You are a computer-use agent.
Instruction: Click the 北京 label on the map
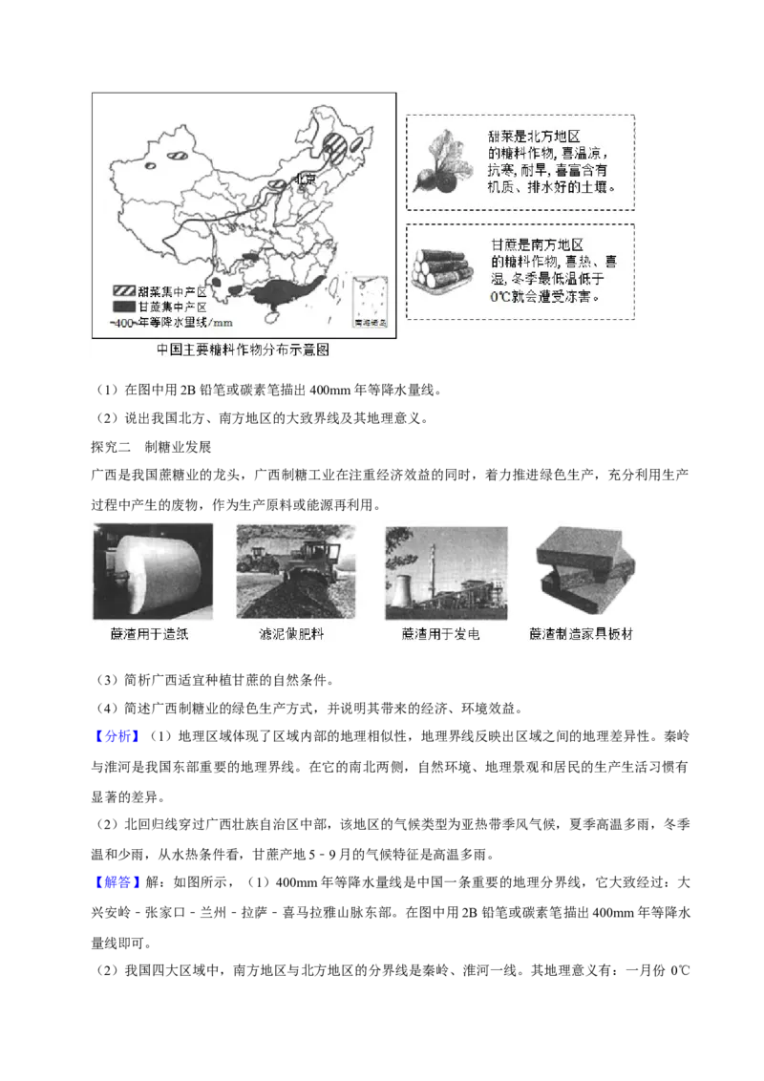click(x=303, y=179)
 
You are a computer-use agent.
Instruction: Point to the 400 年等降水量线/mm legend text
click(x=172, y=323)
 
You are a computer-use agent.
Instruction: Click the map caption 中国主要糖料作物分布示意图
click(x=243, y=350)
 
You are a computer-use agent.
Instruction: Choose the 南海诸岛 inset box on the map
click(x=371, y=303)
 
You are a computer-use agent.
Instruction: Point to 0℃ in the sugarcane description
click(x=502, y=296)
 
